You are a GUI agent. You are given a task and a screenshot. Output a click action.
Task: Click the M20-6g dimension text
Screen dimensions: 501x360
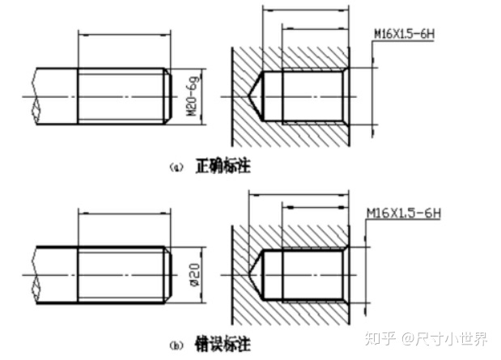click(193, 95)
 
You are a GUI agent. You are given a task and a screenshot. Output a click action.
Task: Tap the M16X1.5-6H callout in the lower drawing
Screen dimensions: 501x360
click(402, 214)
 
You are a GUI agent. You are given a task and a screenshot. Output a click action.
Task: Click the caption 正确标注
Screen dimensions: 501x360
click(223, 167)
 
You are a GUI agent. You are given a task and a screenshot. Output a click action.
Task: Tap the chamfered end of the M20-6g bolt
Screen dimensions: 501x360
click(168, 95)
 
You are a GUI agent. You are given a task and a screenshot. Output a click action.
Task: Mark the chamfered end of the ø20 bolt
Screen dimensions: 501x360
click(168, 275)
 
